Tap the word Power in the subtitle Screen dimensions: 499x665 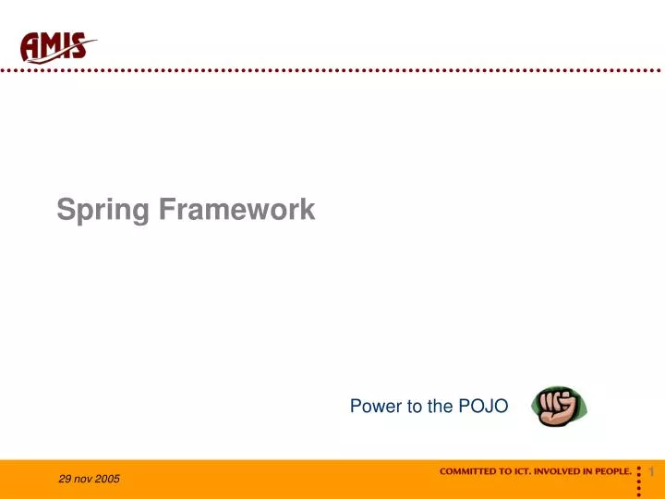pyautogui.click(x=371, y=406)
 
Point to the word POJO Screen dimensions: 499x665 pyautogui.click(x=483, y=406)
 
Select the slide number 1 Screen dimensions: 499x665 pyautogui.click(x=651, y=472)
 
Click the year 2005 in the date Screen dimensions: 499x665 pyautogui.click(x=106, y=479)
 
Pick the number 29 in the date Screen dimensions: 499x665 pyautogui.click(x=63, y=479)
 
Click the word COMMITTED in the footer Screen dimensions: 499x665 pyautogui.click(x=468, y=471)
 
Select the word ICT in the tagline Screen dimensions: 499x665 pyautogui.click(x=521, y=471)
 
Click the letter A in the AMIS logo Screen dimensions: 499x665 pyautogui.click(x=31, y=46)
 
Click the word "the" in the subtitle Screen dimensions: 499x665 pyautogui.click(x=441, y=406)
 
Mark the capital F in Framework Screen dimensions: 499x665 pyautogui.click(x=163, y=210)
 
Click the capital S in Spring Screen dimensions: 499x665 pyautogui.click(x=65, y=210)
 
